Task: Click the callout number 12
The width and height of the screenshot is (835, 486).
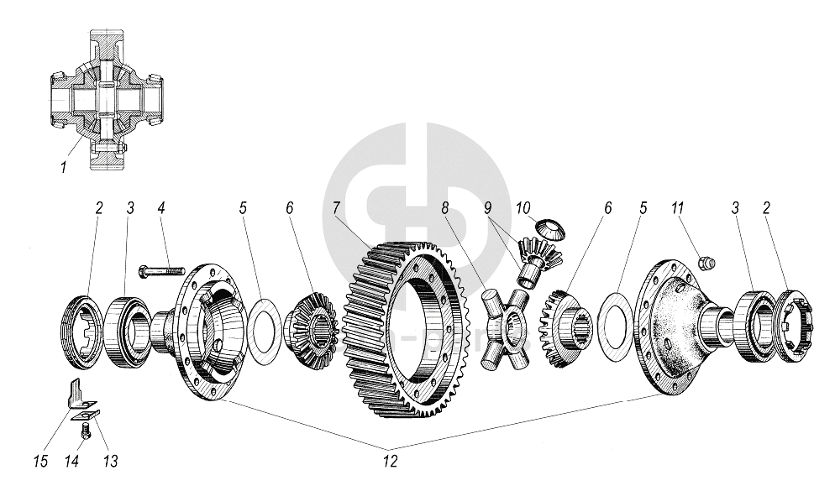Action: (389, 460)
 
